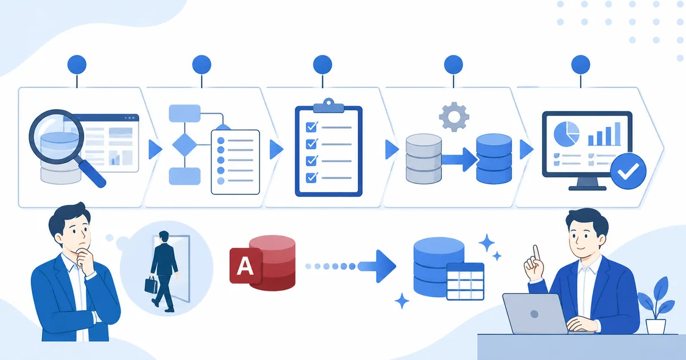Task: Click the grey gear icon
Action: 454,117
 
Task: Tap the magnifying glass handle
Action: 93,174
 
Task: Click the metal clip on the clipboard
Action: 329,105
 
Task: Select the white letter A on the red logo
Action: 245,266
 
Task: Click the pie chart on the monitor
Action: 567,134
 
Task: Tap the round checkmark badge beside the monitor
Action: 628,171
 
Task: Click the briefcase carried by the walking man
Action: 151,285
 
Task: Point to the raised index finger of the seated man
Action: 536,254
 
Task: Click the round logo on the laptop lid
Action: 535,314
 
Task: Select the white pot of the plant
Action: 656,326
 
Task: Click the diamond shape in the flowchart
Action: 185,145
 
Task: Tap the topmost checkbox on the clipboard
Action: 312,127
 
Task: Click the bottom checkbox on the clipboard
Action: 312,178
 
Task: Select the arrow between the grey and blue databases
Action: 460,159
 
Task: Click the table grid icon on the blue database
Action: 465,281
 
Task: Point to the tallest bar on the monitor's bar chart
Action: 617,134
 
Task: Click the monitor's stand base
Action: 588,188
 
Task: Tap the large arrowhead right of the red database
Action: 385,266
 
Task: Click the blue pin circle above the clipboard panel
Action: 322,65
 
